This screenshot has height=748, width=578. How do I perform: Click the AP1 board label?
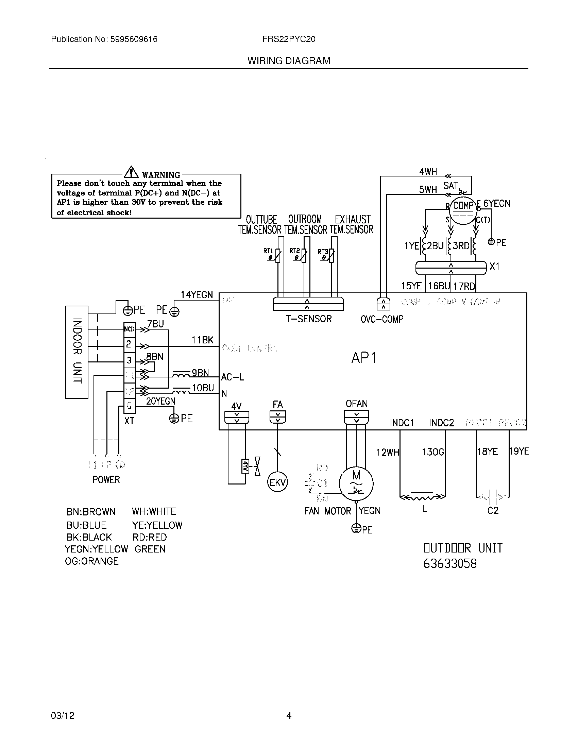(x=364, y=358)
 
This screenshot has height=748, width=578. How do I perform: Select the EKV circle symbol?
(x=277, y=482)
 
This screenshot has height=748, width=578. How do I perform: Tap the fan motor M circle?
(x=356, y=483)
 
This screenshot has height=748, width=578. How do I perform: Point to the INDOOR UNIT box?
(x=77, y=352)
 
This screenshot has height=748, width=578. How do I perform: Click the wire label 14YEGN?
(x=197, y=295)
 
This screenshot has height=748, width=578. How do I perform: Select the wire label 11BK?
(x=202, y=340)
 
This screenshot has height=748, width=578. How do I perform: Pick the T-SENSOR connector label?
(x=308, y=319)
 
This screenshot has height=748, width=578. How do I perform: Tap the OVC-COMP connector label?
(x=382, y=319)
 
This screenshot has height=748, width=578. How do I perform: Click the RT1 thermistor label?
(x=268, y=251)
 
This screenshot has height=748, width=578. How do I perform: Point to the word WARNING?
(x=161, y=175)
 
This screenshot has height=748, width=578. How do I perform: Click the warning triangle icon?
(x=131, y=172)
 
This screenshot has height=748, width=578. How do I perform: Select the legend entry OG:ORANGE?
(x=92, y=561)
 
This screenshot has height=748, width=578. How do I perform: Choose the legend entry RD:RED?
(x=149, y=537)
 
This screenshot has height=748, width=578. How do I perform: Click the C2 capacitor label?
(x=493, y=511)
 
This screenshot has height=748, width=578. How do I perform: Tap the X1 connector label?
(x=494, y=266)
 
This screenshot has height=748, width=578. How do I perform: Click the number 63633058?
(x=449, y=564)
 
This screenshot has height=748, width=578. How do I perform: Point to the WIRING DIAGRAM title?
(x=289, y=61)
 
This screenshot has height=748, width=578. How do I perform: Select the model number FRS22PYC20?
(x=289, y=39)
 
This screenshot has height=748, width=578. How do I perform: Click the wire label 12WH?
(x=388, y=453)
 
